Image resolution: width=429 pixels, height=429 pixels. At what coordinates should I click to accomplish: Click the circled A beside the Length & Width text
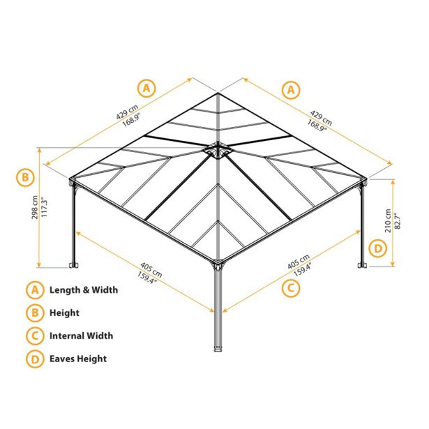[x=35, y=290]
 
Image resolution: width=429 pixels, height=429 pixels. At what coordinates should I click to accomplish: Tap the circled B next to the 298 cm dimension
[x=25, y=177]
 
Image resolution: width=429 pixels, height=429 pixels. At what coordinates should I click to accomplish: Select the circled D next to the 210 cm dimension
[x=378, y=249]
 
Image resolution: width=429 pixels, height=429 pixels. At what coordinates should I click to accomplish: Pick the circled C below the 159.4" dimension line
[x=291, y=288]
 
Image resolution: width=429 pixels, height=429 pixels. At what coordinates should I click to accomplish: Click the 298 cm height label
[x=35, y=207]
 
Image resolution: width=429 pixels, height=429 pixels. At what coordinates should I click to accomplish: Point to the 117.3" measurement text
[x=45, y=207]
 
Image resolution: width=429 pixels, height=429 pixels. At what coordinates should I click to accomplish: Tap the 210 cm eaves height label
[x=388, y=221]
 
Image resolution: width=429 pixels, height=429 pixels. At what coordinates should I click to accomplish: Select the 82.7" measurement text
[x=398, y=221]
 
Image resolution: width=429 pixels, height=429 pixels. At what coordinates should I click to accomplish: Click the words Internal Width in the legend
[x=81, y=336]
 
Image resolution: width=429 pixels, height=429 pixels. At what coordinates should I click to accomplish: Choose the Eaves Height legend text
[x=78, y=359]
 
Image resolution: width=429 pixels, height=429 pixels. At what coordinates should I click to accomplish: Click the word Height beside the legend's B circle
[x=64, y=313]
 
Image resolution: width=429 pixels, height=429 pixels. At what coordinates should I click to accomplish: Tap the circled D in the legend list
[x=35, y=359]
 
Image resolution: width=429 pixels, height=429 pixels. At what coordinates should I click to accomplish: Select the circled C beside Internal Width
[x=35, y=336]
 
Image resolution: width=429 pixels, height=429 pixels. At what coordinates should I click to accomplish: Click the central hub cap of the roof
[x=218, y=150]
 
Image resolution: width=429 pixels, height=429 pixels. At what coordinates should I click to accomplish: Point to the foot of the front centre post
[x=218, y=349]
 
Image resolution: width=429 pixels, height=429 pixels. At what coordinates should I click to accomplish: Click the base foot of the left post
[x=73, y=265]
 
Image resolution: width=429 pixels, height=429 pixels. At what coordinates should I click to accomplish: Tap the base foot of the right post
[x=363, y=265]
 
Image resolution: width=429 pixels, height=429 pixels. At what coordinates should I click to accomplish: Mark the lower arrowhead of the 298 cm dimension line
[x=39, y=265]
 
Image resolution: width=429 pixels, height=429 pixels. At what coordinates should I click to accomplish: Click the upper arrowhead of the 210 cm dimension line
[x=393, y=182]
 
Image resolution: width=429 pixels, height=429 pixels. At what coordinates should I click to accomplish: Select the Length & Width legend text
[x=84, y=289]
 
